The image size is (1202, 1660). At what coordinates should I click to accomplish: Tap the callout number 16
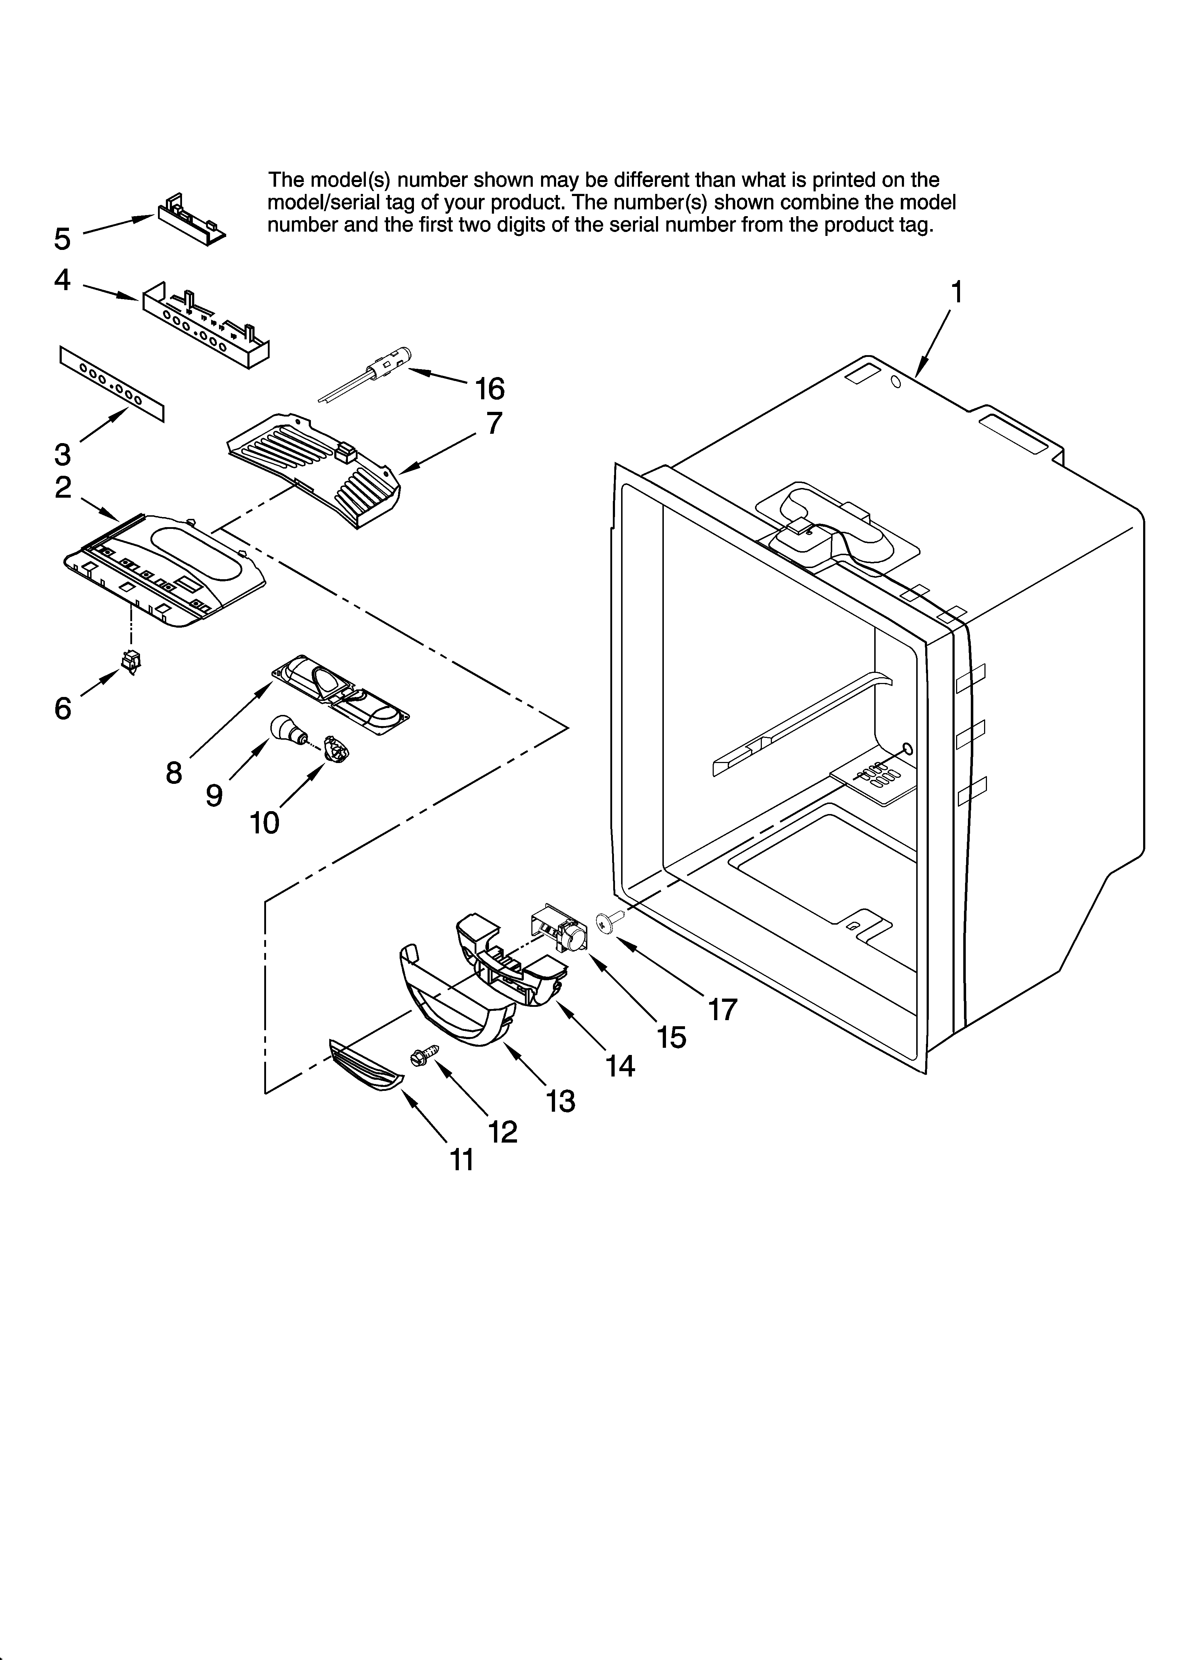tap(490, 389)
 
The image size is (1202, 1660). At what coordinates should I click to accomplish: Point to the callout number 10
tap(264, 823)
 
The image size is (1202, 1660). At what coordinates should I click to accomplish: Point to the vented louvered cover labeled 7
tap(315, 469)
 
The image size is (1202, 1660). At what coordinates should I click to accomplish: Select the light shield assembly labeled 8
tap(340, 692)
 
